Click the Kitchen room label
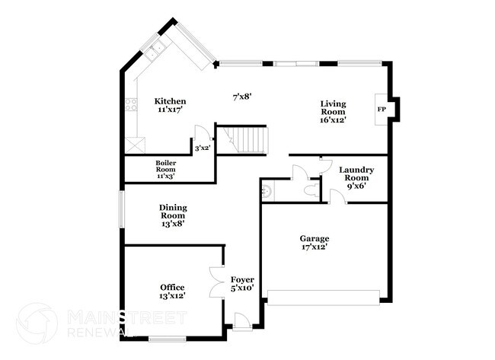[x=171, y=105]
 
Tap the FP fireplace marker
[x=381, y=110]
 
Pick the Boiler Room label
[x=166, y=169]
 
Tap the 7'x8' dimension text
[x=242, y=97]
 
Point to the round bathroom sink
[x=267, y=186]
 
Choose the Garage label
[x=314, y=243]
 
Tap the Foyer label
[x=242, y=284]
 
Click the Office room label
[x=172, y=291]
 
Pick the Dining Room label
[x=174, y=215]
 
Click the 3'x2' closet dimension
[x=203, y=148]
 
